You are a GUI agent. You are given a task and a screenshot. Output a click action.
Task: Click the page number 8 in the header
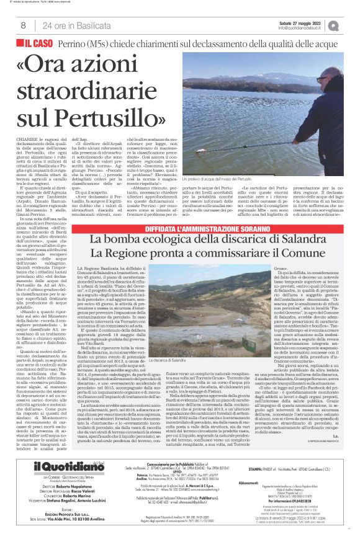23,25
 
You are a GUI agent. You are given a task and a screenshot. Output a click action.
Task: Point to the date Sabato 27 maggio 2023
301,22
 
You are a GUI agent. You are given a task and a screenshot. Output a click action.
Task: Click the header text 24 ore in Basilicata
69,25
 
